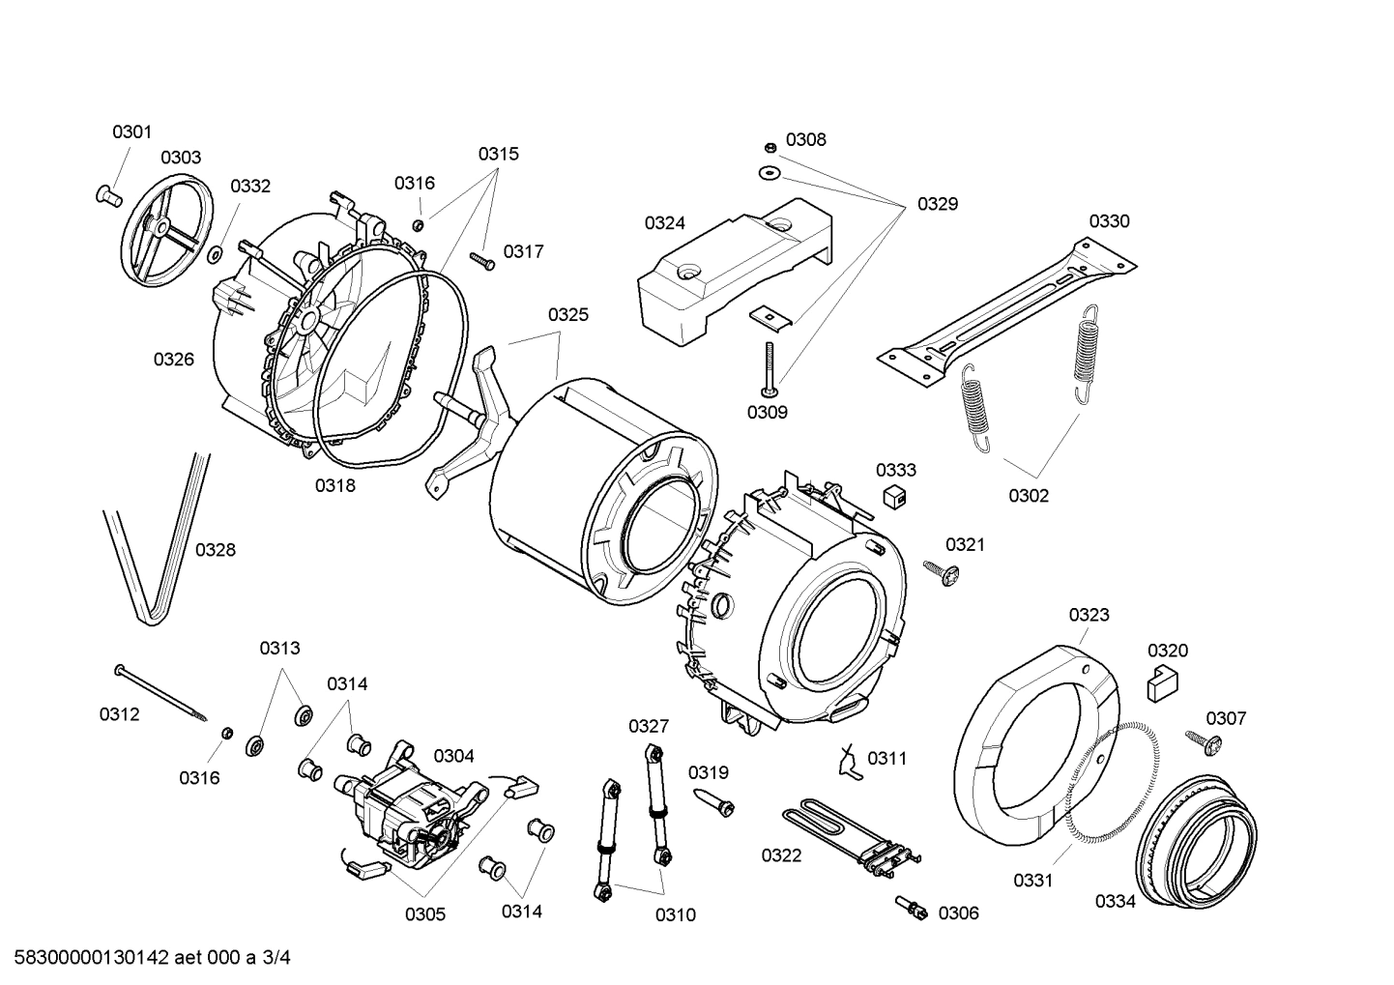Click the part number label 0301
click(x=131, y=131)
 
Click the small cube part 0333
click(x=896, y=496)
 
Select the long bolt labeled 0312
click(x=160, y=692)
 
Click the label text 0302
click(x=1029, y=496)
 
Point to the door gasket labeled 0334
click(x=1199, y=842)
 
